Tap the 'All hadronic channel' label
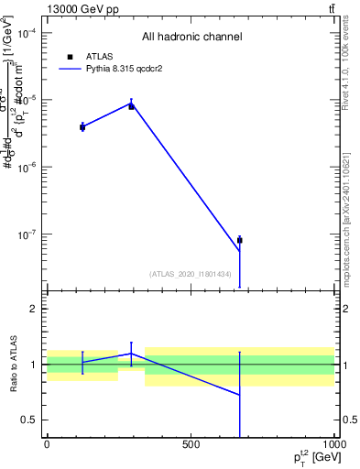[x=191, y=37]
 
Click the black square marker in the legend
[x=71, y=56]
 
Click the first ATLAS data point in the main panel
[x=82, y=126]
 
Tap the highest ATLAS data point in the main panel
[x=131, y=106]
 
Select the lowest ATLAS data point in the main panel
[x=239, y=240]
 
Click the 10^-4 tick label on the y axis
[x=27, y=33]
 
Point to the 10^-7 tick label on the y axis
[x=27, y=234]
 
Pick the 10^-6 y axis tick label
[x=27, y=168]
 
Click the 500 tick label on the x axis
[x=191, y=445]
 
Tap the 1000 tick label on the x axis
[x=333, y=445]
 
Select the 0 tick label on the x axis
[x=47, y=445]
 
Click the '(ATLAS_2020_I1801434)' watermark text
[x=190, y=274]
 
